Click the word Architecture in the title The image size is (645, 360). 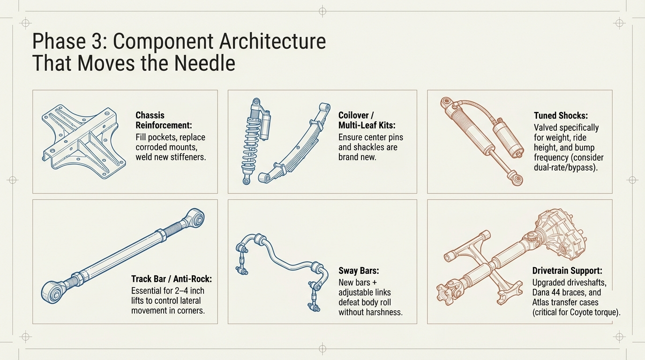pos(272,41)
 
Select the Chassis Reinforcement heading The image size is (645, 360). pos(164,120)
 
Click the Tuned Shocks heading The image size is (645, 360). pos(561,115)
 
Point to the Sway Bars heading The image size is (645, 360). pos(359,271)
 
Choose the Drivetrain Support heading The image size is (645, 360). pos(567,271)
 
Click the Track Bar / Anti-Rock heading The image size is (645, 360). pos(172,279)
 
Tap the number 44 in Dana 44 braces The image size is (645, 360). pos(556,292)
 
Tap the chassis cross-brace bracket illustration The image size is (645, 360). pos(83,141)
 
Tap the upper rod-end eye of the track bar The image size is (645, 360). pos(195,218)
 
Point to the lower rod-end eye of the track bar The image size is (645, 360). pos(52,292)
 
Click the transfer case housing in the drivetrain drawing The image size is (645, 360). pos(560,235)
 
